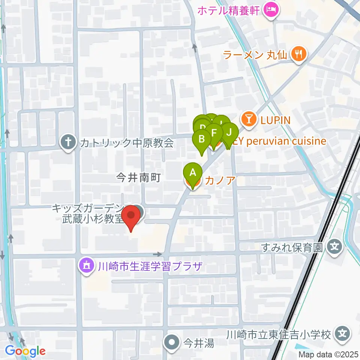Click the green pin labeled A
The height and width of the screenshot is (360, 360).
193,173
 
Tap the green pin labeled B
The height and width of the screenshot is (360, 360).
201,139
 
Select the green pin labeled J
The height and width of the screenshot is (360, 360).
230,132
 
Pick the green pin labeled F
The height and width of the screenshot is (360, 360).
214,133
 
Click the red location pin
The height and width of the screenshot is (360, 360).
131,216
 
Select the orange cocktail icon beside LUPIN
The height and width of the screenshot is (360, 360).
248,120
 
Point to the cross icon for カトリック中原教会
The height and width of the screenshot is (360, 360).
68,143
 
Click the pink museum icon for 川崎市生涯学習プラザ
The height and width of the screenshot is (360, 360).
87,267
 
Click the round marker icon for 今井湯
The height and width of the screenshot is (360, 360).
172,342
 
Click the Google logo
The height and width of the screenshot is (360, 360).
25,351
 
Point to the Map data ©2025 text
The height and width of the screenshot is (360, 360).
328,354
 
